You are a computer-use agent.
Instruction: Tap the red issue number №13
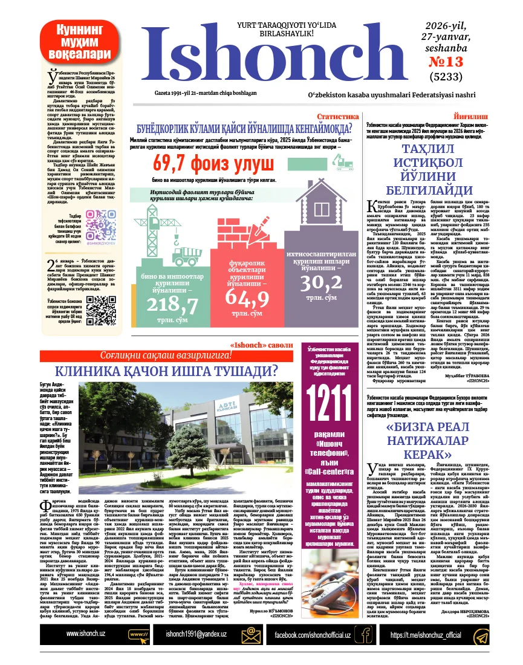(446, 62)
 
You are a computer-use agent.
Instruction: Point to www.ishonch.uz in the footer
(86, 633)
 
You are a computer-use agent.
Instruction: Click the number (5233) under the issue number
(446, 77)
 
